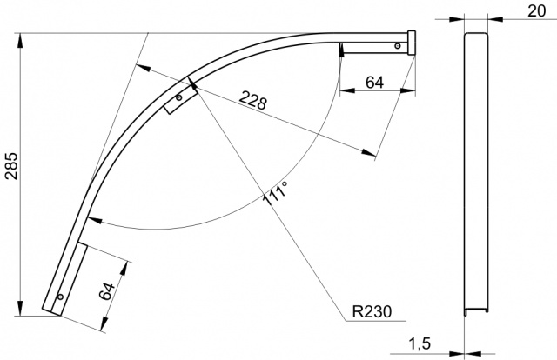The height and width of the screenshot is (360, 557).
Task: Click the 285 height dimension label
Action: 13,166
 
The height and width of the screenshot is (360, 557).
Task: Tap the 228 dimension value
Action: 252,100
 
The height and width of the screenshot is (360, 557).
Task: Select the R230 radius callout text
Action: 372,311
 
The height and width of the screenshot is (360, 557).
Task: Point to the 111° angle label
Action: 275,193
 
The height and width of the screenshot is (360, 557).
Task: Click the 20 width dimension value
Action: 536,11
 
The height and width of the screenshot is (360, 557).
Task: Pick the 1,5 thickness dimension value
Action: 419,343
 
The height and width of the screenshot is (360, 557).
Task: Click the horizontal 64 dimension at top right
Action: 375,83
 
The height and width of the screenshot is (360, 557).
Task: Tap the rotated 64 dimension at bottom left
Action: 107,291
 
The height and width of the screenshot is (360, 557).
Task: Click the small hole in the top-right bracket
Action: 398,46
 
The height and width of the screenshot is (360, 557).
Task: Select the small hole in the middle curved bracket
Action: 179,97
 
